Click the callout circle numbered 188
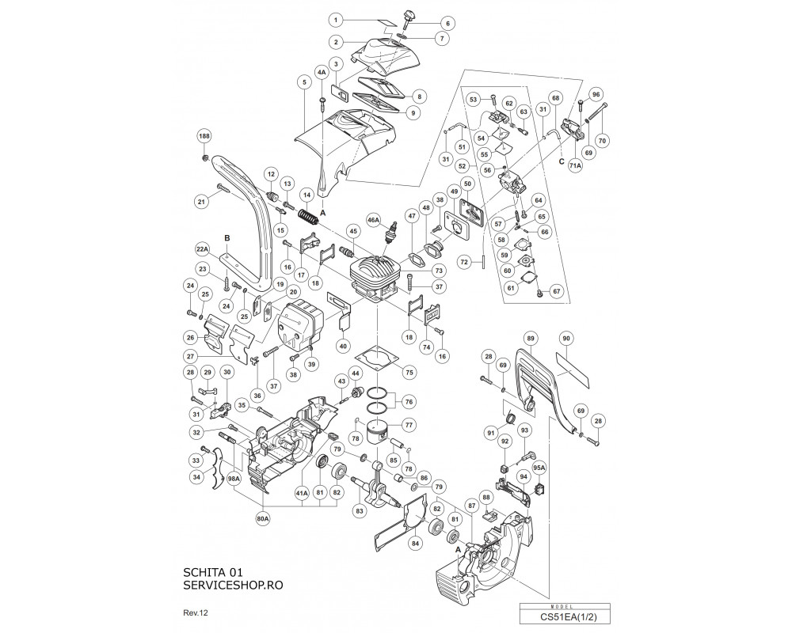click(204, 136)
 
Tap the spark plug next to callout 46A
click(389, 237)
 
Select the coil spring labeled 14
click(308, 214)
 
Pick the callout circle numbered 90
click(565, 338)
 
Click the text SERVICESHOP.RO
click(233, 585)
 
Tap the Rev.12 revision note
click(196, 613)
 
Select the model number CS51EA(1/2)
click(565, 616)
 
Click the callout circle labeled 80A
click(263, 517)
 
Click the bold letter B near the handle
click(227, 237)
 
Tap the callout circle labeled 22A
click(203, 248)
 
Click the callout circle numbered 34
click(196, 476)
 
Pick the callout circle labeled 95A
click(539, 468)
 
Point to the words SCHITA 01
click(212, 572)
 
